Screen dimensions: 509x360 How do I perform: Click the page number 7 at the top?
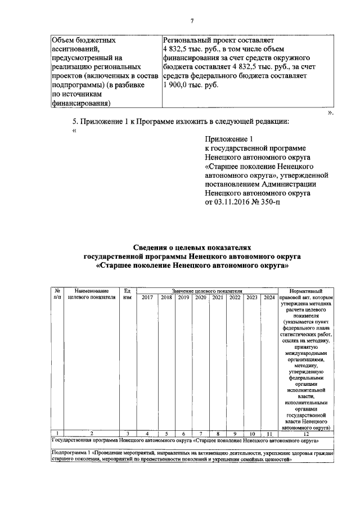pyautogui.click(x=192, y=21)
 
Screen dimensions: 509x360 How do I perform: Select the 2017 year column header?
pyautogui.click(x=147, y=298)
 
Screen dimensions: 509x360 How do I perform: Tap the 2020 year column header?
pyautogui.click(x=201, y=298)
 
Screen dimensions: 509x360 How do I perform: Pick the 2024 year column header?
pyautogui.click(x=269, y=298)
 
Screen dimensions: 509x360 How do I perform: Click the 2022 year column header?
pyautogui.click(x=235, y=298)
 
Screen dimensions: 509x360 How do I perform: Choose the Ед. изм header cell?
pyautogui.click(x=127, y=294)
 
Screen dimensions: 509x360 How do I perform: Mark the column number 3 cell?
pyautogui.click(x=128, y=433)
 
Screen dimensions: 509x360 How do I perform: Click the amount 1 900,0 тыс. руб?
pyautogui.click(x=190, y=85)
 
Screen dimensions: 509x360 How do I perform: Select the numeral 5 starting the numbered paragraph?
pyautogui.click(x=75, y=121)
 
